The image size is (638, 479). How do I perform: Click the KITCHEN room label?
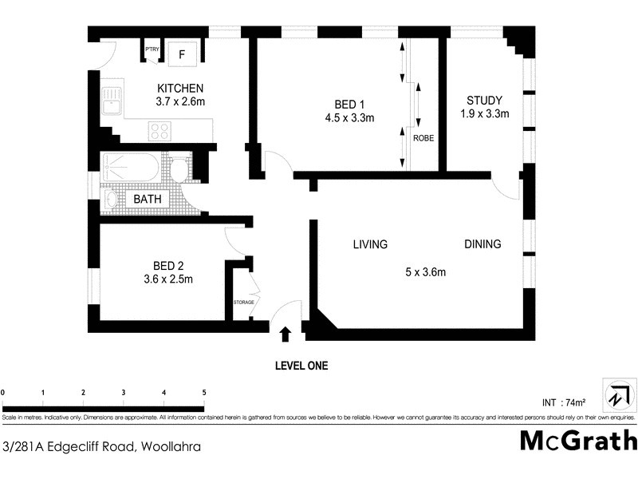[180, 88]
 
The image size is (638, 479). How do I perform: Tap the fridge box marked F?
[182, 54]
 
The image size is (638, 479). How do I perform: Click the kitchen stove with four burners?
[159, 129]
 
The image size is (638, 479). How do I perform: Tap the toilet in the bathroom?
[181, 170]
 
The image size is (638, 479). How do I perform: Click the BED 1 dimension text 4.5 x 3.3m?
[349, 117]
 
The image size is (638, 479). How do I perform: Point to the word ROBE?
[423, 138]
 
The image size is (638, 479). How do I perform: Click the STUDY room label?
[484, 101]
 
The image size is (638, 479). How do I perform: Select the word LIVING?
[370, 244]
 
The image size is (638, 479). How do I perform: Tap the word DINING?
[482, 244]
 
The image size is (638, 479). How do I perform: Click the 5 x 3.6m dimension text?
[425, 272]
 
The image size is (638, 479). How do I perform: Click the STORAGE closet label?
[244, 302]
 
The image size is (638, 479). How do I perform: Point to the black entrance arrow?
[286, 333]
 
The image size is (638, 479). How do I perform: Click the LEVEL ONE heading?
[301, 366]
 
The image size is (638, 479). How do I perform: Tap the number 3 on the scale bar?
[124, 393]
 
